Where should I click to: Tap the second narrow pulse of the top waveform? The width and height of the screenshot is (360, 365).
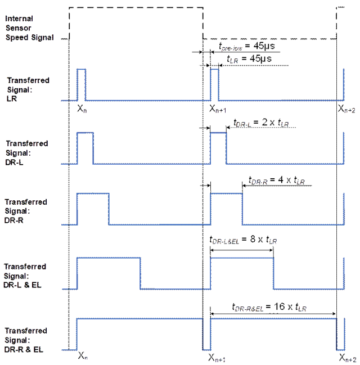[215, 84]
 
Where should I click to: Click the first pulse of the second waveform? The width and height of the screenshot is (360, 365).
[85, 147]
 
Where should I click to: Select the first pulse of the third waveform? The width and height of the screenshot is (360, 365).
[93, 208]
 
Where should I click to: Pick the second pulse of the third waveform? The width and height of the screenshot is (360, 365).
[226, 208]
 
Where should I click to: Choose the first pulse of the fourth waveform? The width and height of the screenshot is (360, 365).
[109, 273]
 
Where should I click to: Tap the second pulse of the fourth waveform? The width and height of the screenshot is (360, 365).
[242, 273]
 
